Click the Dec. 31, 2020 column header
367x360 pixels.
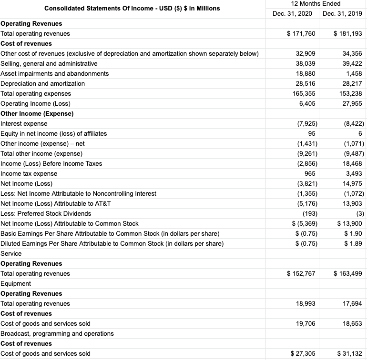(292, 13)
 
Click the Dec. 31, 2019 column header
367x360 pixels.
(342, 13)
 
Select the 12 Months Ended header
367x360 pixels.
(317, 4)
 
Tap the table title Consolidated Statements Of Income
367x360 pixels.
(132, 8)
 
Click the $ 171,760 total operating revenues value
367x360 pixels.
(301, 33)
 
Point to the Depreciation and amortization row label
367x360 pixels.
(43, 83)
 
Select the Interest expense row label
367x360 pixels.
(24, 123)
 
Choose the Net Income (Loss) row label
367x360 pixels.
(27, 183)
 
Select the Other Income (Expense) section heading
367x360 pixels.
(37, 113)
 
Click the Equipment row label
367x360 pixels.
(16, 283)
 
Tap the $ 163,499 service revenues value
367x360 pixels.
(348, 273)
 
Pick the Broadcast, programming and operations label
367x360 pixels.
(57, 333)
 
